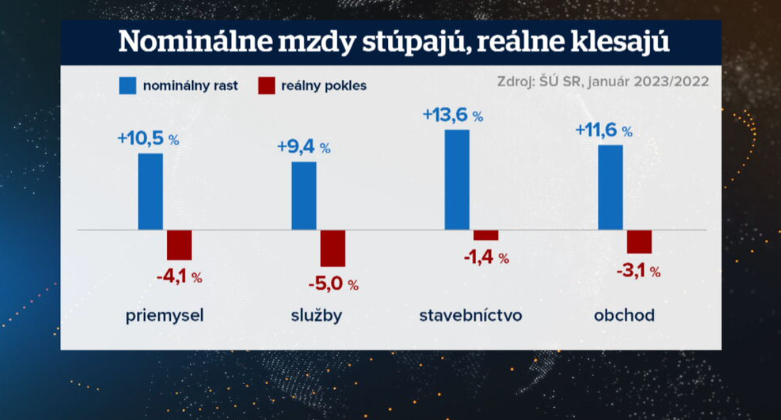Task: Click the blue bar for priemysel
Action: tap(150, 191)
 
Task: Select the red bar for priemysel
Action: tap(179, 245)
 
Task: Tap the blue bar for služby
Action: tap(304, 195)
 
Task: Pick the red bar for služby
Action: tap(333, 248)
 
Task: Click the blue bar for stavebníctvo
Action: tap(457, 179)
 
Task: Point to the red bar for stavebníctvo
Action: tap(486, 235)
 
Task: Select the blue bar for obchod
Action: tap(610, 188)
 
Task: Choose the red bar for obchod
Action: tap(639, 241)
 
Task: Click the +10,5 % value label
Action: tap(148, 139)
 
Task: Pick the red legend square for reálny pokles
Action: tap(266, 85)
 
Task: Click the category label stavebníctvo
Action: tap(471, 315)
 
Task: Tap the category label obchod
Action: tap(624, 315)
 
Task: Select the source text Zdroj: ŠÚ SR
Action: tap(539, 81)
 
